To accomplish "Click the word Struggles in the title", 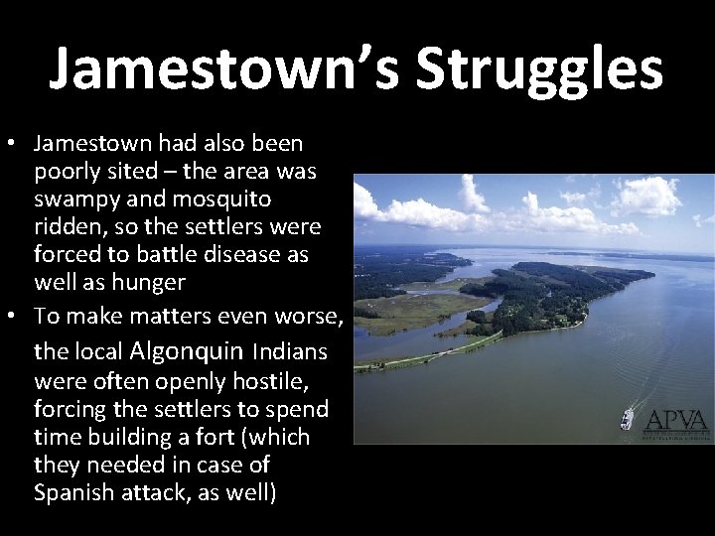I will [x=539, y=69].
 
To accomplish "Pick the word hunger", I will [x=150, y=282].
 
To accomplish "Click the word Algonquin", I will [x=189, y=350].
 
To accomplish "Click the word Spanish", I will [x=75, y=492].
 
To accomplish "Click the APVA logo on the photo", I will [x=676, y=421].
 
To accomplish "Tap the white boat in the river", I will [x=627, y=417].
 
